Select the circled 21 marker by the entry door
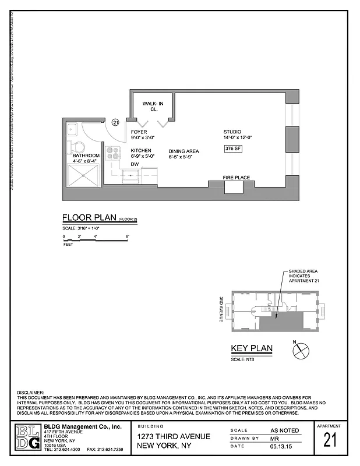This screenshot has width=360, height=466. click(x=115, y=123)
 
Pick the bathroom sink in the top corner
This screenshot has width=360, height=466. click(x=73, y=129)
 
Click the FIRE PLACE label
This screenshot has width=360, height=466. click(x=237, y=177)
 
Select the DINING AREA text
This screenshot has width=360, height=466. click(x=184, y=151)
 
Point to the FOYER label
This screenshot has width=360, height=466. click(x=139, y=132)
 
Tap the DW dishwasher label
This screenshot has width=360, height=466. click(x=135, y=164)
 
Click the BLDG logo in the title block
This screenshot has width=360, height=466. click(x=28, y=437)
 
